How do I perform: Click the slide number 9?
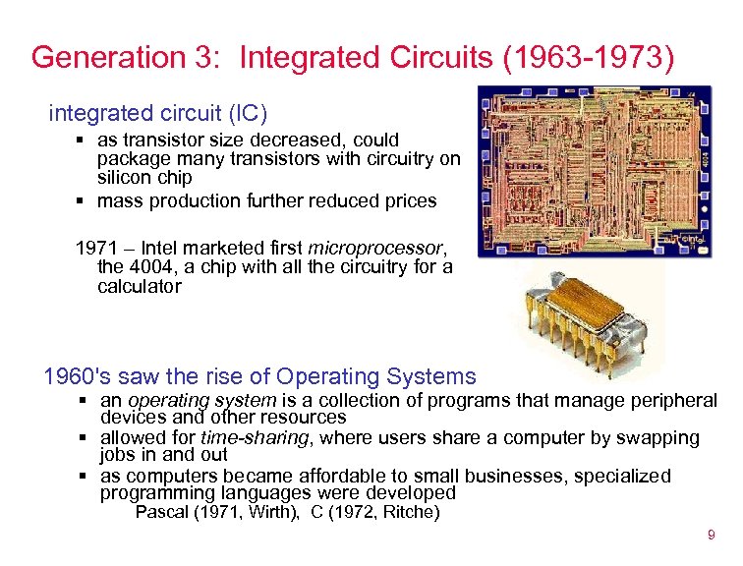pyautogui.click(x=711, y=536)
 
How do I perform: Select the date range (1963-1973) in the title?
pyautogui.click(x=589, y=57)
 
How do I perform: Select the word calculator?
pyautogui.click(x=139, y=287)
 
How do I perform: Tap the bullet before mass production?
pyautogui.click(x=83, y=201)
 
